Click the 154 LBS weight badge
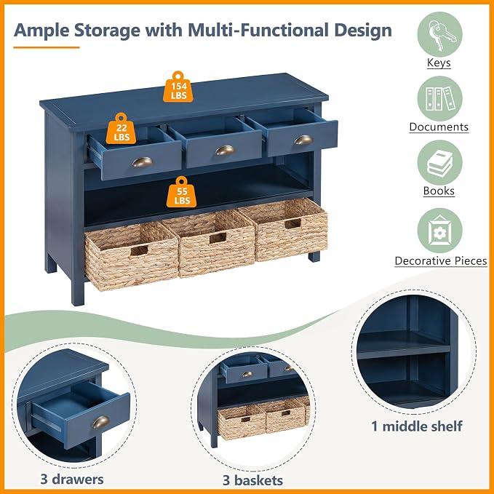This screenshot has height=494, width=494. [x=178, y=87]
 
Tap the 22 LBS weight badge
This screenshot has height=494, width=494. [x=121, y=129]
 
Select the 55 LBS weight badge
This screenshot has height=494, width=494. [x=181, y=192]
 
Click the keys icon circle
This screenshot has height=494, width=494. [x=440, y=34]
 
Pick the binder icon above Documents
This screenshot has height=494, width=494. [x=440, y=99]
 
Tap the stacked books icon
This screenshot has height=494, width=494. [x=440, y=162]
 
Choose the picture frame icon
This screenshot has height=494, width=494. [x=440, y=231]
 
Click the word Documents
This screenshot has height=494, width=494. [x=439, y=127]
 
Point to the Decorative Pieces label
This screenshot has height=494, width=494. [x=441, y=261]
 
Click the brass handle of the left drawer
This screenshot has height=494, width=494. [x=142, y=162]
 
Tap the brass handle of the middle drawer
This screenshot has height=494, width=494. [x=225, y=150]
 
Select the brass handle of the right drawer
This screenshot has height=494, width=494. [x=303, y=140]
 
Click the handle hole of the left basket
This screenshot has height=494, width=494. [x=139, y=251]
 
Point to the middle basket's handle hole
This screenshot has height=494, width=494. [x=218, y=238]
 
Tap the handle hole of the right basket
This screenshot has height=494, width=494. [x=292, y=223]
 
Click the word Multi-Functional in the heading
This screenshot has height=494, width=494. [x=259, y=31]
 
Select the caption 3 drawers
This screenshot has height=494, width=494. [x=72, y=479]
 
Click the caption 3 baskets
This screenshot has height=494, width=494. [x=252, y=480]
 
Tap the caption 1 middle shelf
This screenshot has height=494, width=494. [x=417, y=426]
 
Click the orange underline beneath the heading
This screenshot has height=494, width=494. [x=47, y=47]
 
